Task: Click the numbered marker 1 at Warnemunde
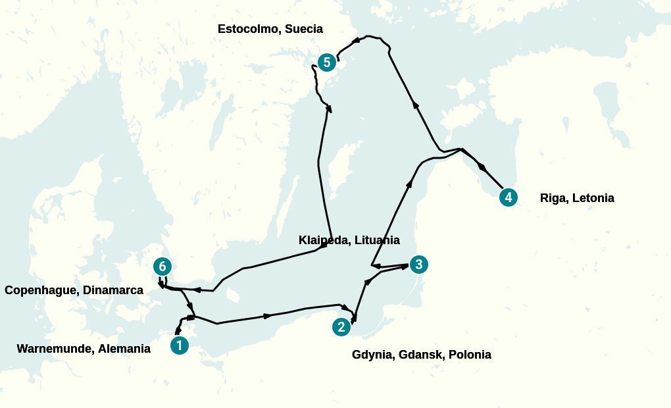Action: (180, 345)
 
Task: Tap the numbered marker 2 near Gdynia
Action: (341, 326)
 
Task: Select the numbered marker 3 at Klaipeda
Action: (418, 265)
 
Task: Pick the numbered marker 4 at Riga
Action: (508, 197)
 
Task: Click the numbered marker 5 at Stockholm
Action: (327, 63)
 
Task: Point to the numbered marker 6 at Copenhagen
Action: (162, 267)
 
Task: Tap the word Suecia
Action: (304, 29)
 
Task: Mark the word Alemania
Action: (124, 349)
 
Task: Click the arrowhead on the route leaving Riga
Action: (483, 168)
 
